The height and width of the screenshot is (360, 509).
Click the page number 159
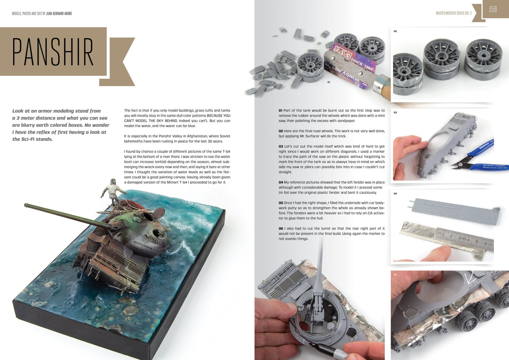click(x=493, y=9)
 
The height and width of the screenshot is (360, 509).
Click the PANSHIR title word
click(x=52, y=52)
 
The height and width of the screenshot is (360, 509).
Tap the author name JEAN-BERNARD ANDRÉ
click(x=59, y=13)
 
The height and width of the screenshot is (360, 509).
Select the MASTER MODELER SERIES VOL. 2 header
click(x=454, y=13)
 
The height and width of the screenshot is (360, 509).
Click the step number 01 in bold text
click(x=280, y=111)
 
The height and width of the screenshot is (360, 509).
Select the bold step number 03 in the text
click(x=280, y=146)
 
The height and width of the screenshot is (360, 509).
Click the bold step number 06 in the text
click(x=280, y=228)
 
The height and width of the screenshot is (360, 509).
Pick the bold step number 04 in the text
click(x=280, y=182)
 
